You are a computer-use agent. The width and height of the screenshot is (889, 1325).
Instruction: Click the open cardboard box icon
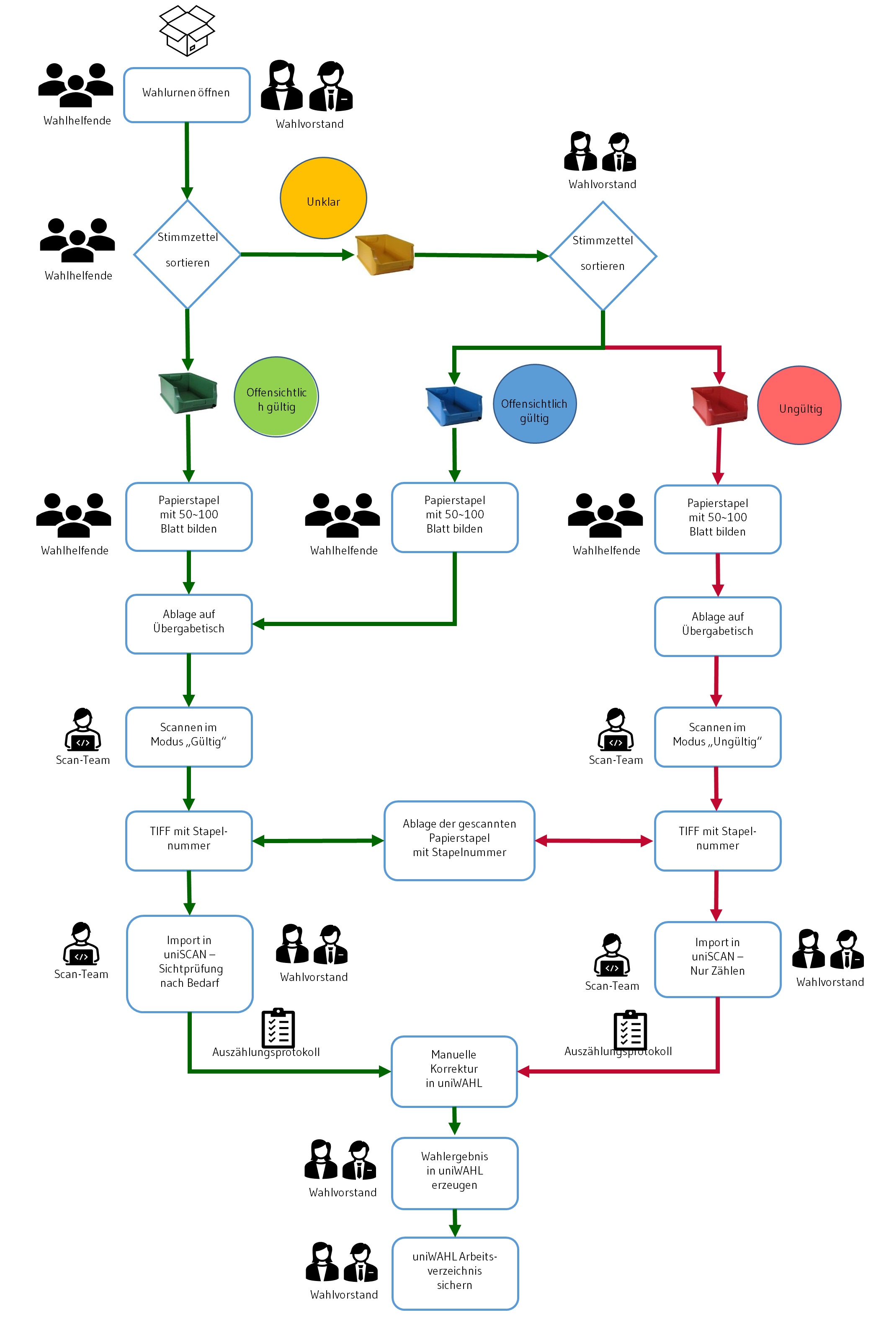187,31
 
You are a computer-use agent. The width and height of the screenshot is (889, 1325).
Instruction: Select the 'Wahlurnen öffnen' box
187,95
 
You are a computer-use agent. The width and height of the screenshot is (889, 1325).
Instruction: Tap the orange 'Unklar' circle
323,198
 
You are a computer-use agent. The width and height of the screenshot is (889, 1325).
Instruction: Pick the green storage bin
188,393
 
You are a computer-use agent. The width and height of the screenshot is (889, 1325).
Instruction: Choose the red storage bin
719,405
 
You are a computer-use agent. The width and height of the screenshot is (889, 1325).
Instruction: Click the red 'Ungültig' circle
799,405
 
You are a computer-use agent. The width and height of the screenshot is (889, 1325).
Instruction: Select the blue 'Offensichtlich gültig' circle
535,404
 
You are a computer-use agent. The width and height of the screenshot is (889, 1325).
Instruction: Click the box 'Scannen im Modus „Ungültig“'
718,737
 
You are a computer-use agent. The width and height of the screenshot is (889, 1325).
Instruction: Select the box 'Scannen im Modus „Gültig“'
189,737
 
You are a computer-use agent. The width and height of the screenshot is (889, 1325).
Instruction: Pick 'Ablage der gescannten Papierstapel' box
459,841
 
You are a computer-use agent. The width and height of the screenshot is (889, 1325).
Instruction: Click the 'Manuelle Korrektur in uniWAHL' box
454,1071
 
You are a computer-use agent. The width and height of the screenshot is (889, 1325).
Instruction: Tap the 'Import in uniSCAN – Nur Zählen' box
718,959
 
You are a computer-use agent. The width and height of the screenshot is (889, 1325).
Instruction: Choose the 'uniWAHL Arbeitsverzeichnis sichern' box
455,1273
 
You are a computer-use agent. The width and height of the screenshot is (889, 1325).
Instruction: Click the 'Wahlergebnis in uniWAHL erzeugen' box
455,1173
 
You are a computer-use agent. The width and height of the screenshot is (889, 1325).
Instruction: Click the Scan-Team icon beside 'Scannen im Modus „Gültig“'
83,730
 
